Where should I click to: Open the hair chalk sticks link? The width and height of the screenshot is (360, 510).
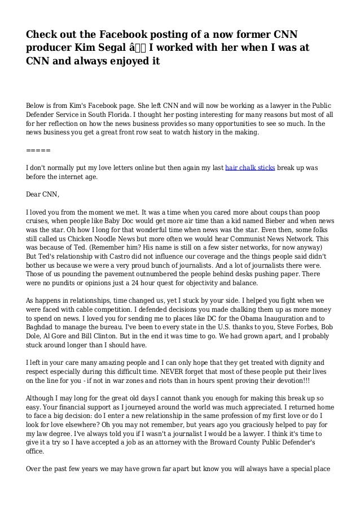coord(250,168)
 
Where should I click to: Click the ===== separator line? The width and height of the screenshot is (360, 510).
coord(38,151)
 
